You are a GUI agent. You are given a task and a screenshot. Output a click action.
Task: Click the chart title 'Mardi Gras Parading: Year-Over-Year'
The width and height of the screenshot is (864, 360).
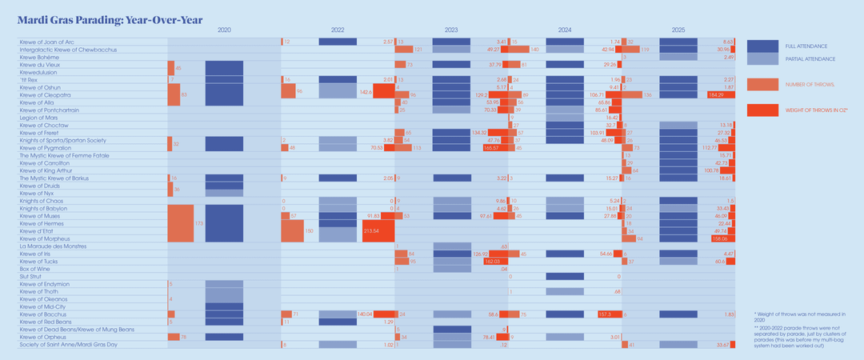point(110,18)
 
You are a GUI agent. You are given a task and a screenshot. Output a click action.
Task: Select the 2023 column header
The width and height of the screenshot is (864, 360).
point(451,30)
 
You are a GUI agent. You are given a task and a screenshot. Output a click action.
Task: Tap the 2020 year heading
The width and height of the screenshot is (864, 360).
point(224,30)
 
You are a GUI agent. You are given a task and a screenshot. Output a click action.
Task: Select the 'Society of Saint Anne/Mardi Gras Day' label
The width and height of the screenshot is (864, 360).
point(68,345)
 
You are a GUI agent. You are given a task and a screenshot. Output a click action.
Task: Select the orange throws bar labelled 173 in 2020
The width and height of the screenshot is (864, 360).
point(181,223)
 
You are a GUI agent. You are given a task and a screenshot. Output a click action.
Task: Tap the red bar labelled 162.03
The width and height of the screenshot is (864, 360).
point(489,262)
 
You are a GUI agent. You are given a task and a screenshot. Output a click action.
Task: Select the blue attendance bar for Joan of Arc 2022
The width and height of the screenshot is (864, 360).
point(338,42)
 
